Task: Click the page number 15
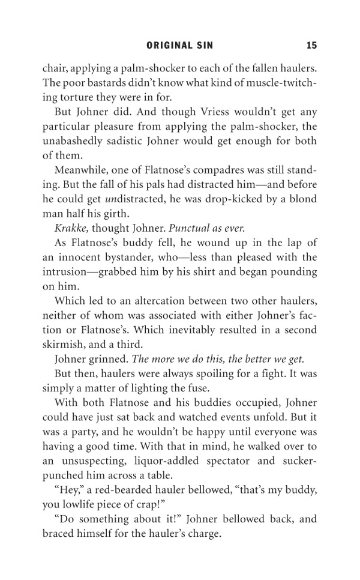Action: pyautogui.click(x=311, y=45)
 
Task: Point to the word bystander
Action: pyautogui.click(x=154, y=257)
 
